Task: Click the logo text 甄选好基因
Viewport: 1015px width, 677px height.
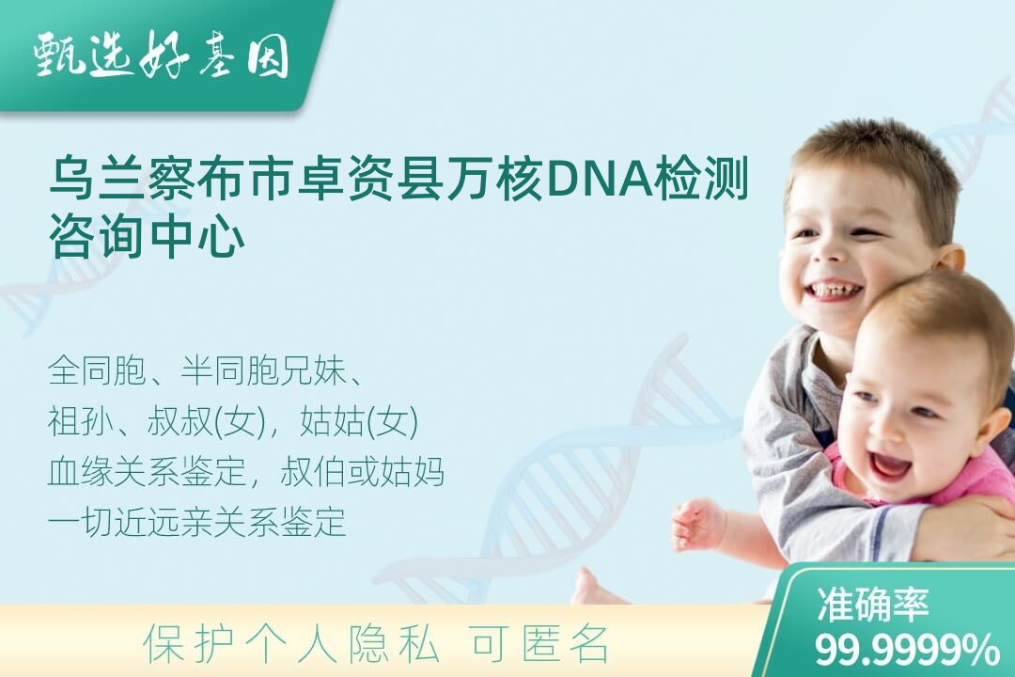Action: click(162, 55)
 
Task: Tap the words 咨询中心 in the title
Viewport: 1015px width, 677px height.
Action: click(148, 239)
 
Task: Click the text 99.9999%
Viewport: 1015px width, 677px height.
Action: click(906, 650)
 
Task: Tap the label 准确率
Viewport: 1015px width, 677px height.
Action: click(872, 605)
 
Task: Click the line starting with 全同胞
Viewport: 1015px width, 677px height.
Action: click(205, 371)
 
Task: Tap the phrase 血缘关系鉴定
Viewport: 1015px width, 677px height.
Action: click(147, 472)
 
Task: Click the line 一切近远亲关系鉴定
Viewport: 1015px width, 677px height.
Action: click(196, 522)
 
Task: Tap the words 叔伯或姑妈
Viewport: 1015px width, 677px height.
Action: click(363, 472)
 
